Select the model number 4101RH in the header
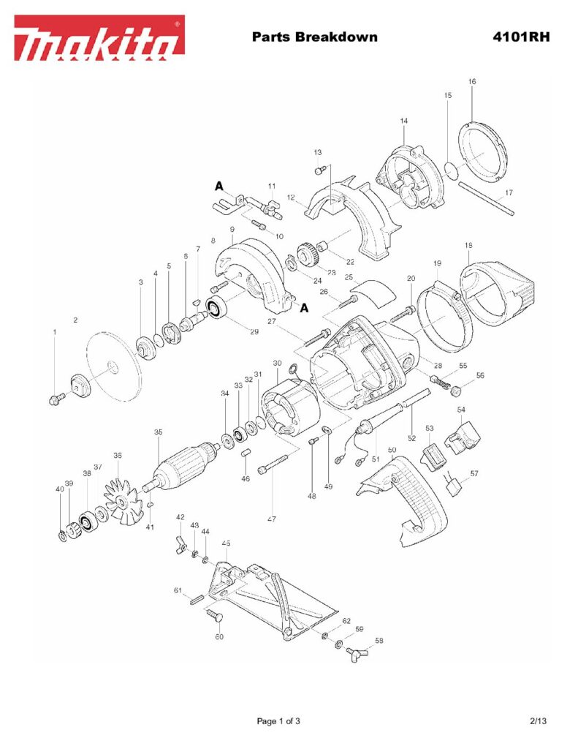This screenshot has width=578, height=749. coord(521,37)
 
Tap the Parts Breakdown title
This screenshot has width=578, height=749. coord(314,37)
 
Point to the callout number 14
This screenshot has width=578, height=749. coord(404,121)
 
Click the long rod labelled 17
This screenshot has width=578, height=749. coord(487,200)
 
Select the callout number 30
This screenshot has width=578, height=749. coord(277,363)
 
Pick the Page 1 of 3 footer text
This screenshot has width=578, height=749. coord(278,721)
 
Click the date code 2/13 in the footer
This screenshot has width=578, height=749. coord(539,721)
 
